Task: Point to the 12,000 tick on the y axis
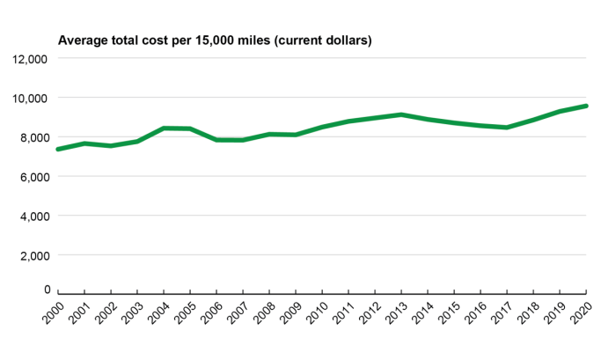(x=28, y=59)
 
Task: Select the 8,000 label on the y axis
(x=31, y=137)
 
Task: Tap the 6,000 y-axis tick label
(x=31, y=176)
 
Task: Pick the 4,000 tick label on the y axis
(x=31, y=216)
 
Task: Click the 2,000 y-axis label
(x=31, y=254)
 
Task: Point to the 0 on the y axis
(x=47, y=289)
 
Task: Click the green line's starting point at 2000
(x=58, y=149)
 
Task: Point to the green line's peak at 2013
(x=401, y=114)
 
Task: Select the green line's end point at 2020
(x=586, y=106)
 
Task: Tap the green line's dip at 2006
(x=216, y=139)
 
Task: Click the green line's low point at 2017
(x=507, y=128)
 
